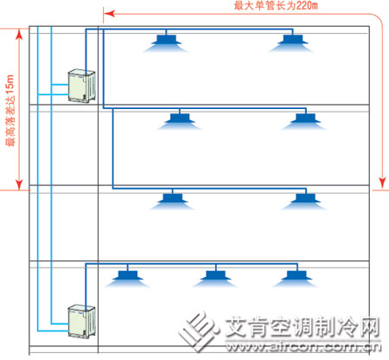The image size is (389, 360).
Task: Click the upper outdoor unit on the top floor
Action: (x=81, y=86)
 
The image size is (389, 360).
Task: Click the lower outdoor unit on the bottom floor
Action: (x=81, y=320)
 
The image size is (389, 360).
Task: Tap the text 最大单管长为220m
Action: (x=276, y=5)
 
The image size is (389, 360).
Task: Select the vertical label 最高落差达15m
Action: (x=10, y=111)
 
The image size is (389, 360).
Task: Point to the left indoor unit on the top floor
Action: (x=166, y=43)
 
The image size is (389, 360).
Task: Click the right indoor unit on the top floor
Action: (x=292, y=43)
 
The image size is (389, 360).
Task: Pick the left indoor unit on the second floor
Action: (x=180, y=122)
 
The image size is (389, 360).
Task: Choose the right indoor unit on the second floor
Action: (x=305, y=122)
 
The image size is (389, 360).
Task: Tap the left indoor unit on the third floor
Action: (x=172, y=202)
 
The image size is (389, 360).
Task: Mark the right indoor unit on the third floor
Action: (x=305, y=202)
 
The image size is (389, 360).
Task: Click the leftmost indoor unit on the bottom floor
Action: (x=127, y=279)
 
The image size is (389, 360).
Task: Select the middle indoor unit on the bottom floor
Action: (x=215, y=279)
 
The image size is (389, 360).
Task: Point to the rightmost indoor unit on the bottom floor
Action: (x=297, y=279)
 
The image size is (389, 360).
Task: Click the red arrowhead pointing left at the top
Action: (x=109, y=14)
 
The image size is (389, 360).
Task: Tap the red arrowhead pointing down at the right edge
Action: (x=382, y=183)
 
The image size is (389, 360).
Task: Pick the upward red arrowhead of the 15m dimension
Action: (x=19, y=34)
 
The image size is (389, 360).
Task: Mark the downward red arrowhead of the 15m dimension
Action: (x=19, y=184)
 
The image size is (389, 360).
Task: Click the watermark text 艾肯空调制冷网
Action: (x=303, y=327)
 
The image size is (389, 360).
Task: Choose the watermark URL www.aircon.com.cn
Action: (x=303, y=346)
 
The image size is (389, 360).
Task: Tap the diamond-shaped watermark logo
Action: (x=198, y=331)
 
